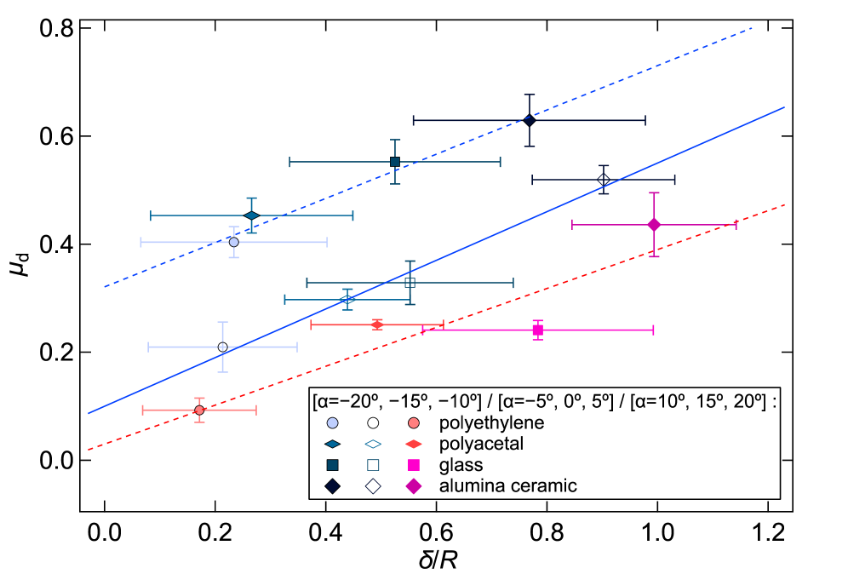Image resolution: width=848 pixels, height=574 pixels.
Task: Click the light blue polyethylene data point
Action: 234,242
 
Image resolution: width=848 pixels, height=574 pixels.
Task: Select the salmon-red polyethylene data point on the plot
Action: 199,410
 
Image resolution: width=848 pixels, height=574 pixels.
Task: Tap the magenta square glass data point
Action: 537,330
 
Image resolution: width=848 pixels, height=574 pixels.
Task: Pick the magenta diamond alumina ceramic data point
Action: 654,225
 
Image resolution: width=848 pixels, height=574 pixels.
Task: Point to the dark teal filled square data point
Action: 395,162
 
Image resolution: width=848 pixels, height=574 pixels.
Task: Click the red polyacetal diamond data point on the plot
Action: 377,324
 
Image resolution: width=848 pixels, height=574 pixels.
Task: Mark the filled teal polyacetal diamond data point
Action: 251,215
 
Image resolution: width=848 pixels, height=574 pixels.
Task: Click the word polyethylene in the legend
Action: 491,423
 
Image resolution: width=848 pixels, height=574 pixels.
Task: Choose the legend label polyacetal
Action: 481,445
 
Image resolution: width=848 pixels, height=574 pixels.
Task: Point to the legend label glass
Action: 461,465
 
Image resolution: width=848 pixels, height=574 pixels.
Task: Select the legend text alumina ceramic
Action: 507,486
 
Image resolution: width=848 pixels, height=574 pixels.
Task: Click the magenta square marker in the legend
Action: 414,465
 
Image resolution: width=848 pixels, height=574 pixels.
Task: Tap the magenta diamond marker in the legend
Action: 414,486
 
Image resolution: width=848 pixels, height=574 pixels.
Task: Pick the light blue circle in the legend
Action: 332,423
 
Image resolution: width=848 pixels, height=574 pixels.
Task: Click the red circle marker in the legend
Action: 414,423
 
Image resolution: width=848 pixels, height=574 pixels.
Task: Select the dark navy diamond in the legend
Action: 332,486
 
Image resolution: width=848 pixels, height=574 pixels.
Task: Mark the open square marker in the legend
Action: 373,465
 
